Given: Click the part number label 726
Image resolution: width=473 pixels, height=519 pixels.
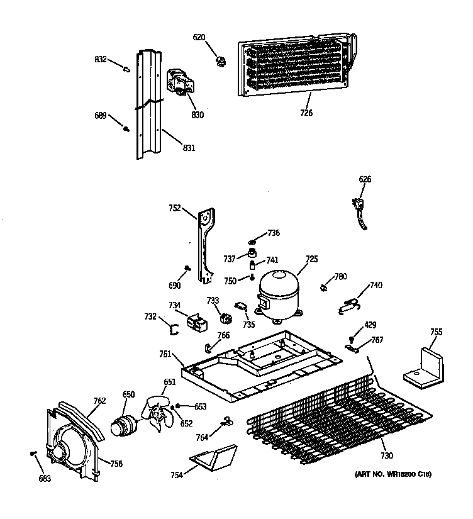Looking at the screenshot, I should coord(306,113).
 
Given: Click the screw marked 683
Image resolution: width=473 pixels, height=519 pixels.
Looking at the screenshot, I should coord(33,453).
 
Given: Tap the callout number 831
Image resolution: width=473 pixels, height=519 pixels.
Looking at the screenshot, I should coord(188,148).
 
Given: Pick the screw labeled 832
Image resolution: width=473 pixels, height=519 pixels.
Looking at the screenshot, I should coord(128,69).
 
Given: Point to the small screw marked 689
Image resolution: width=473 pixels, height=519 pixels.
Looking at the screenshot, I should coord(126,128).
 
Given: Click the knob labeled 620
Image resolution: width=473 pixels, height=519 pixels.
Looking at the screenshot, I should coord(220,60).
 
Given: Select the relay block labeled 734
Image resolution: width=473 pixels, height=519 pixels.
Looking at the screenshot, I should coord(198,323).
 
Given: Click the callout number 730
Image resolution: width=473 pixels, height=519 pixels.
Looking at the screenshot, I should coord(386,455).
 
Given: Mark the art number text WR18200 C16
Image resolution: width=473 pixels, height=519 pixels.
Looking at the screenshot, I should coord(389,474).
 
